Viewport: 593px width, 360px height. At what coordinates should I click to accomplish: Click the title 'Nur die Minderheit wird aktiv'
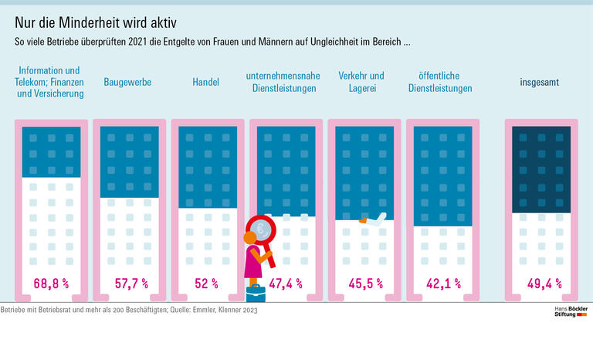point(92,21)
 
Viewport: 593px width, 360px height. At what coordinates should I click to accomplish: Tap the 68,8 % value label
point(51,284)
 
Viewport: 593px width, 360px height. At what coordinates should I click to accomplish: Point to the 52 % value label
point(207,284)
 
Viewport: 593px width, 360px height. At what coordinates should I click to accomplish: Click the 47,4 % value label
point(286,284)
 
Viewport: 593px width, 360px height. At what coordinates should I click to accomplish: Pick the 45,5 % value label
point(365,284)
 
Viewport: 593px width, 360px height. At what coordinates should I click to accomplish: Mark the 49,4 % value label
point(544,284)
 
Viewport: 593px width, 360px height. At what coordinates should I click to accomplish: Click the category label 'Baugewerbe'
point(127,81)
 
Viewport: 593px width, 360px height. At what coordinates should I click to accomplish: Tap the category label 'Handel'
point(206,81)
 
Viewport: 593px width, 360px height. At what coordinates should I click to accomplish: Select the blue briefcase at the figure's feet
point(255,292)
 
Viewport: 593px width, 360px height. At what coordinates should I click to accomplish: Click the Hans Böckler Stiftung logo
point(571,312)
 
